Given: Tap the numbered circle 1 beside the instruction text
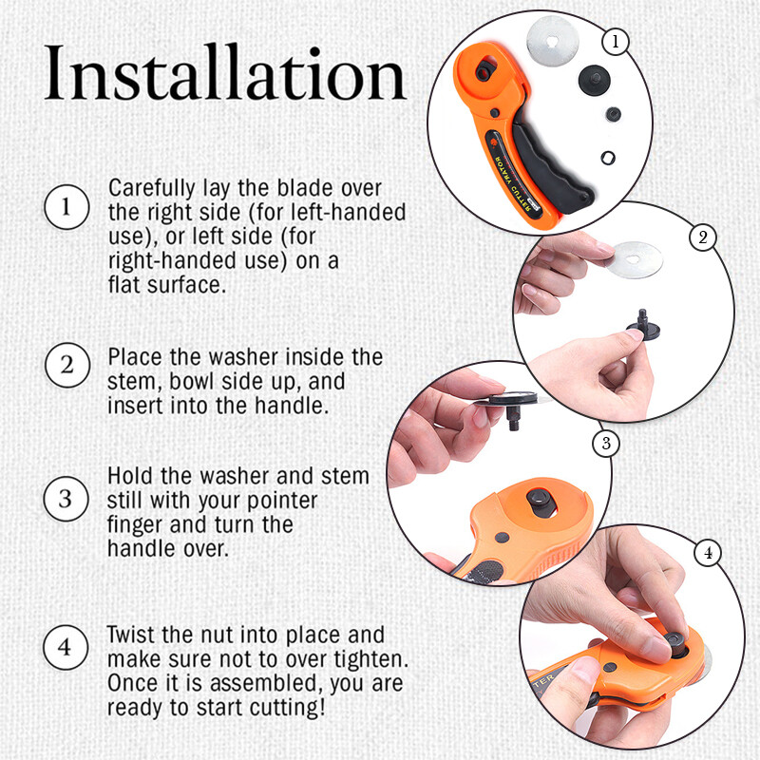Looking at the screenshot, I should coord(65,208).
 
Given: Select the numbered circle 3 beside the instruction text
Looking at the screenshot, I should coord(65,498).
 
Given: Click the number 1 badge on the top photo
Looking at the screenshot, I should coord(617,42).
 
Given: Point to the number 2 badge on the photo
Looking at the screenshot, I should coord(702,237).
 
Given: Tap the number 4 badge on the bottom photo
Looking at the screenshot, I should coord(706,552).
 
